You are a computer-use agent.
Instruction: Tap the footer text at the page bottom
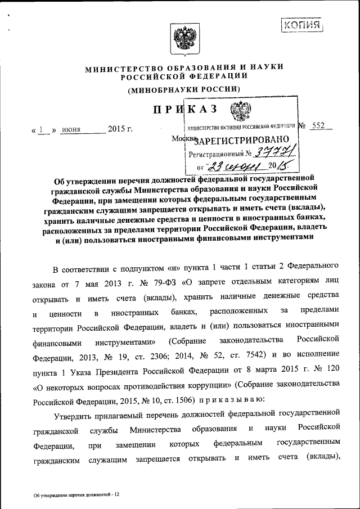pyautogui.click(x=76, y=494)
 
